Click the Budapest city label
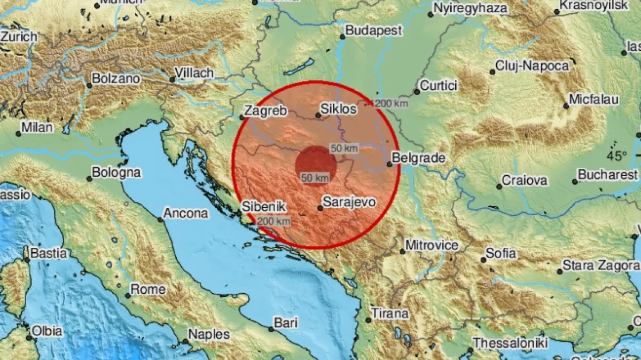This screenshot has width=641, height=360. click(x=373, y=30)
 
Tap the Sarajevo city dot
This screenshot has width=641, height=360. click(x=319, y=208)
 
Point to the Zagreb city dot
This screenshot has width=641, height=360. click(x=241, y=118)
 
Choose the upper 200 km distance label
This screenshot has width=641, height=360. click(x=391, y=104)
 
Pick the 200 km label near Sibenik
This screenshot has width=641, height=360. click(x=273, y=221)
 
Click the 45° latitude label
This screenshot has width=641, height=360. click(x=617, y=156)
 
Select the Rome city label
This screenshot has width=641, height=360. click(x=148, y=289)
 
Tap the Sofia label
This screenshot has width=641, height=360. click(x=501, y=253)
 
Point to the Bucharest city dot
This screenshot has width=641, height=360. click(x=575, y=182)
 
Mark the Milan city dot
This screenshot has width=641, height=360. click(x=18, y=134)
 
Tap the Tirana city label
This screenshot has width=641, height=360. click(x=389, y=314)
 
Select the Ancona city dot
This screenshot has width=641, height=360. click(x=160, y=219)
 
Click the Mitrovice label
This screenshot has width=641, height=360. click(x=432, y=245)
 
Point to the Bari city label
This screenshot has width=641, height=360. click(x=285, y=323)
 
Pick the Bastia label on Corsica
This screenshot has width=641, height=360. click(x=48, y=253)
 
